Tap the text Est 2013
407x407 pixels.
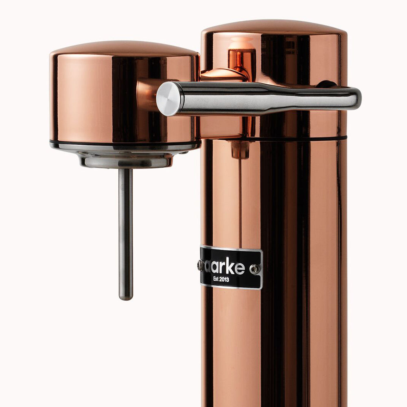[221, 279]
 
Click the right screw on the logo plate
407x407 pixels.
[254, 269]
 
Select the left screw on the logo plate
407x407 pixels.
[200, 265]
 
